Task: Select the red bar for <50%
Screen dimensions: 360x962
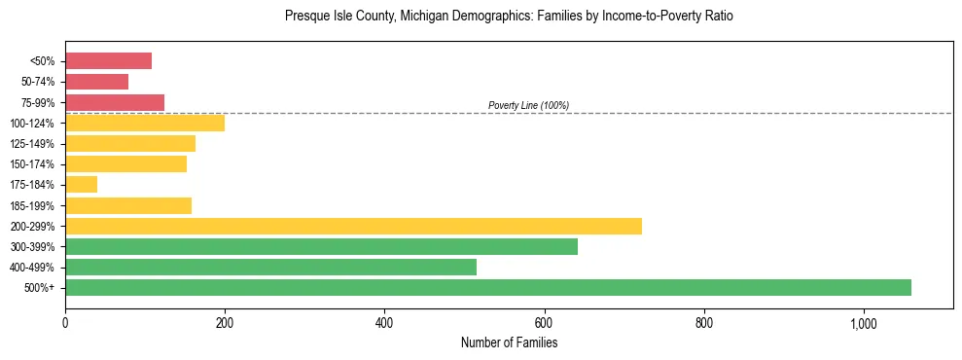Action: pos(108,61)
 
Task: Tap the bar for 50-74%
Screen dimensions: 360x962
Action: pos(96,82)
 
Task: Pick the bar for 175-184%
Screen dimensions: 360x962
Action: pos(81,184)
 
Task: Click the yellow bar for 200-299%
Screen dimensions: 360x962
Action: pos(353,226)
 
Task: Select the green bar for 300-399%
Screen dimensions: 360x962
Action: pos(321,246)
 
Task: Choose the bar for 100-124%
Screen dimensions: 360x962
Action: pos(145,123)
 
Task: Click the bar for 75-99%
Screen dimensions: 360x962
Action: pos(115,102)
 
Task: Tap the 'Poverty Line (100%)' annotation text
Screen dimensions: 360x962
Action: pos(528,105)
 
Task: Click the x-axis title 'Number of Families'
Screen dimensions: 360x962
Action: pos(509,342)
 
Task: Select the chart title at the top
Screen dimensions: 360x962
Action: pos(509,17)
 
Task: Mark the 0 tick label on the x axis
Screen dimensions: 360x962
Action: pos(65,323)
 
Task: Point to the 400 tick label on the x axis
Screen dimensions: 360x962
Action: pos(384,323)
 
